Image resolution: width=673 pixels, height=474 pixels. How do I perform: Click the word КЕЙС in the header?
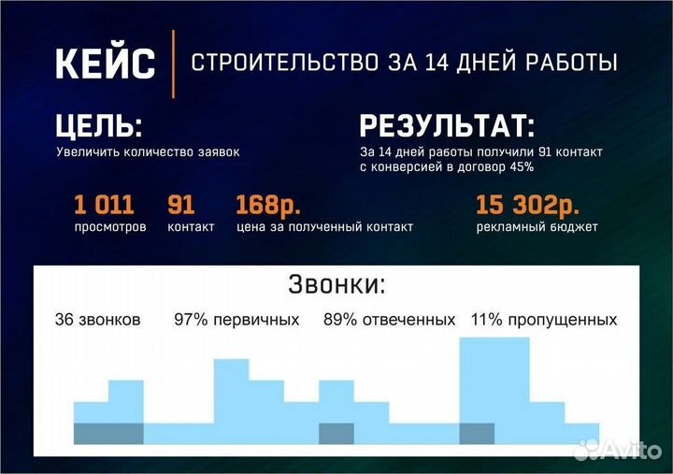(105, 64)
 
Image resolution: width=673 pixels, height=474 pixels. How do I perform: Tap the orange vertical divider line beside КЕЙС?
(174, 64)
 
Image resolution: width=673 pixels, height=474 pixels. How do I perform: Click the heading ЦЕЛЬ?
(100, 127)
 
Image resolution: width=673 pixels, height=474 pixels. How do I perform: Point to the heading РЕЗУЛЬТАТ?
(448, 127)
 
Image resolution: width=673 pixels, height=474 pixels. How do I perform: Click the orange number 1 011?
(104, 205)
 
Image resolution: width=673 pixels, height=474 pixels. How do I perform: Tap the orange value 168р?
(268, 205)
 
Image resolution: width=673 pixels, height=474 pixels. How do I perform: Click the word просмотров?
(110, 227)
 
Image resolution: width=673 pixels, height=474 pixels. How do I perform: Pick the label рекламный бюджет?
(537, 227)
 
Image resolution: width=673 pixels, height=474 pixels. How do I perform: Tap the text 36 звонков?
(97, 320)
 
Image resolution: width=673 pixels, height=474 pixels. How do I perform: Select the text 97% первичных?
(236, 320)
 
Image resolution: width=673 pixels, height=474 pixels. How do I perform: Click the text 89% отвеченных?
(389, 320)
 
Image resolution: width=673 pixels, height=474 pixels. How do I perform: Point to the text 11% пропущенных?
(543, 320)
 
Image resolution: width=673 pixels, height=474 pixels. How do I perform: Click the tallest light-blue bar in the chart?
(494, 383)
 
